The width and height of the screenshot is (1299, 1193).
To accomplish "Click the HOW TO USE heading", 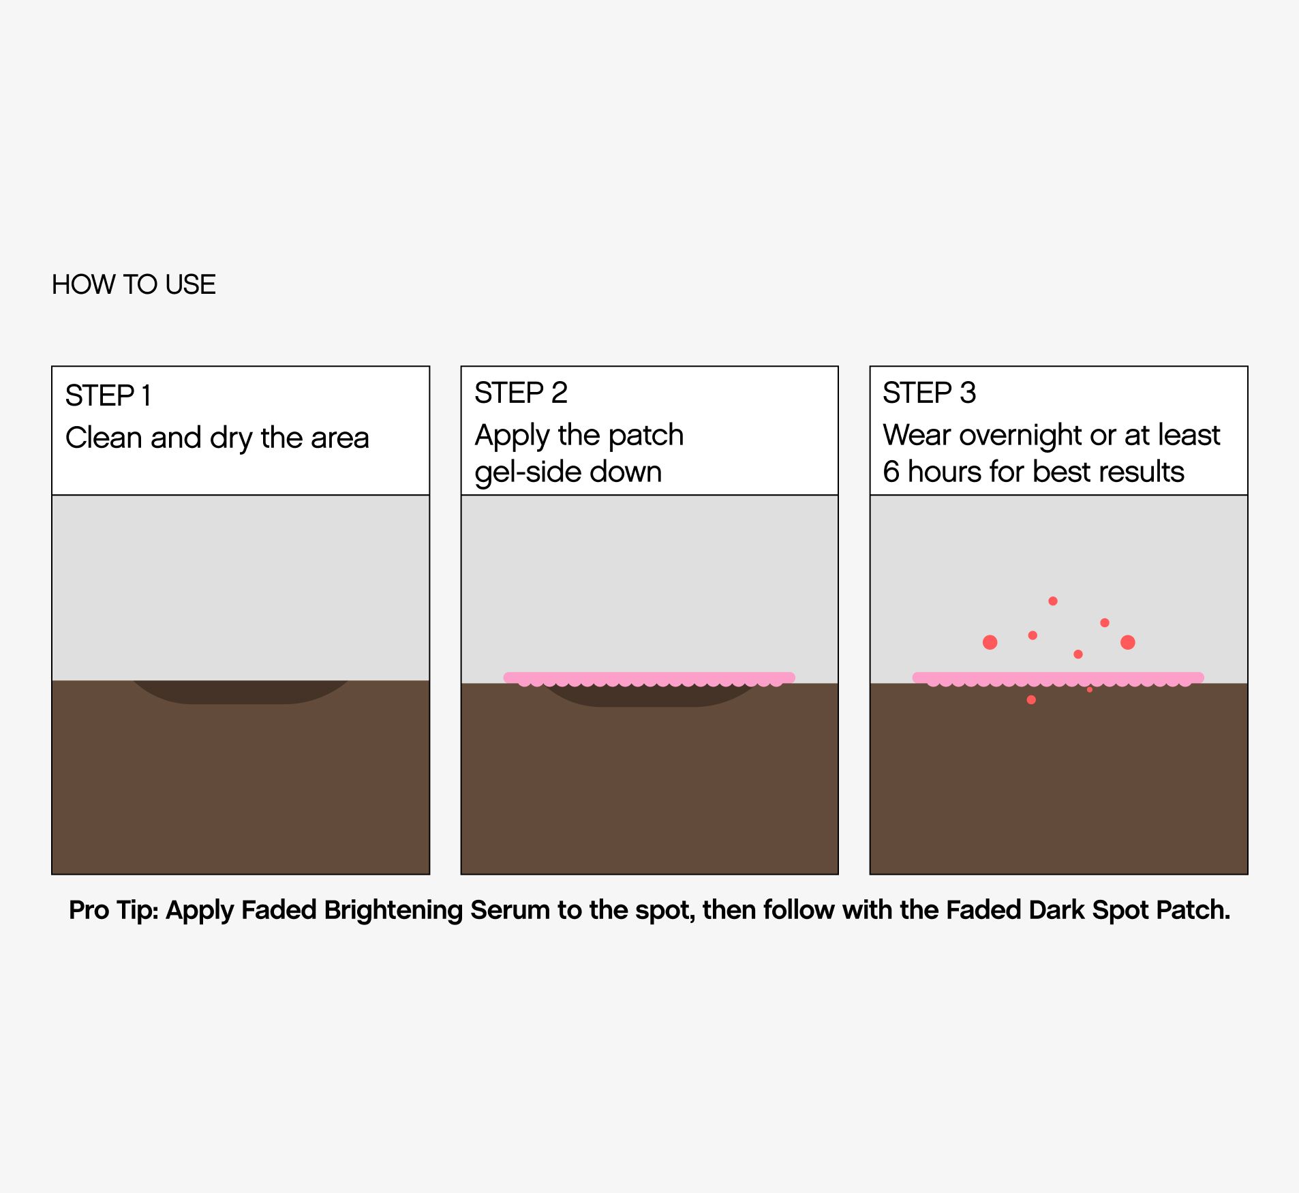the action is point(134,284).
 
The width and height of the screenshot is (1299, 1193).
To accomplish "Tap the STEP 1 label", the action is point(108,395).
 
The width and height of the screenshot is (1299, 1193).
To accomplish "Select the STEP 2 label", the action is point(521,393).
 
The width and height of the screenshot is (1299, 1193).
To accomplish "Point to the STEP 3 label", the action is point(930,393).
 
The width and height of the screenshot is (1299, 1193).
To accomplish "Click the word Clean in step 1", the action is point(104,438).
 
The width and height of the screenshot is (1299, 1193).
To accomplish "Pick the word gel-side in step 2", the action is point(527,472).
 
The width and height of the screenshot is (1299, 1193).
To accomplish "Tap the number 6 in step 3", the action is point(891,472).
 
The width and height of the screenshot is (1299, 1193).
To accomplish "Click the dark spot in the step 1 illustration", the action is point(241,692).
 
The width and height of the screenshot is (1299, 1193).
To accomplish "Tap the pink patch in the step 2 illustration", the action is point(649,678).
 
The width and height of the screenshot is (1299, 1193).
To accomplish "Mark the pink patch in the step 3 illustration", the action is point(1058,678).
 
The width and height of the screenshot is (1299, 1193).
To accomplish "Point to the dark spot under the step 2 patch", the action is point(649,697).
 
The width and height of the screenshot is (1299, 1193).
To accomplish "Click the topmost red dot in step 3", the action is point(1053,601).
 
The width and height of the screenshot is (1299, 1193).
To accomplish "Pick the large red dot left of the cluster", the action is point(990,642).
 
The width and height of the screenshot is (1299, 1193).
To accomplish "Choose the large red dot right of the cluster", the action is point(1128,642).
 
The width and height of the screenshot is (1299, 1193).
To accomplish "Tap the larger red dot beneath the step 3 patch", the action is point(1031,700).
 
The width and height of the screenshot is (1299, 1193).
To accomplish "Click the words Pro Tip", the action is point(114,911).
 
